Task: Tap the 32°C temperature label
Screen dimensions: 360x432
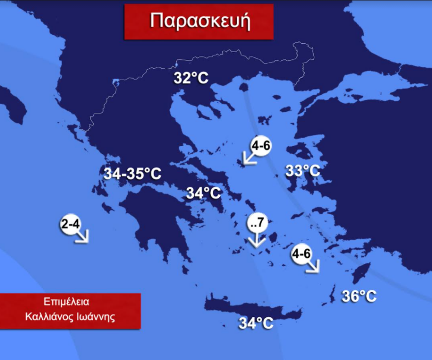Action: [191, 78]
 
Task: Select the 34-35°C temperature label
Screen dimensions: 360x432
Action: [132, 173]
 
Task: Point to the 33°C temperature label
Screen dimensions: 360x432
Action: [303, 171]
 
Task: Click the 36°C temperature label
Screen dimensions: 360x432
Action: [359, 297]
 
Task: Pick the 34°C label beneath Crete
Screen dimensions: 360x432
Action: [256, 323]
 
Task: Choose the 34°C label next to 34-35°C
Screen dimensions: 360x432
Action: [204, 193]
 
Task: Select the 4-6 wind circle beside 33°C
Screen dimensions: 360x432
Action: [261, 146]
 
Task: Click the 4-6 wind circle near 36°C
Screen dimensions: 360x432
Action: [301, 254]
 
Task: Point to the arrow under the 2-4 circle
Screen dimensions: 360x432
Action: [81, 237]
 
